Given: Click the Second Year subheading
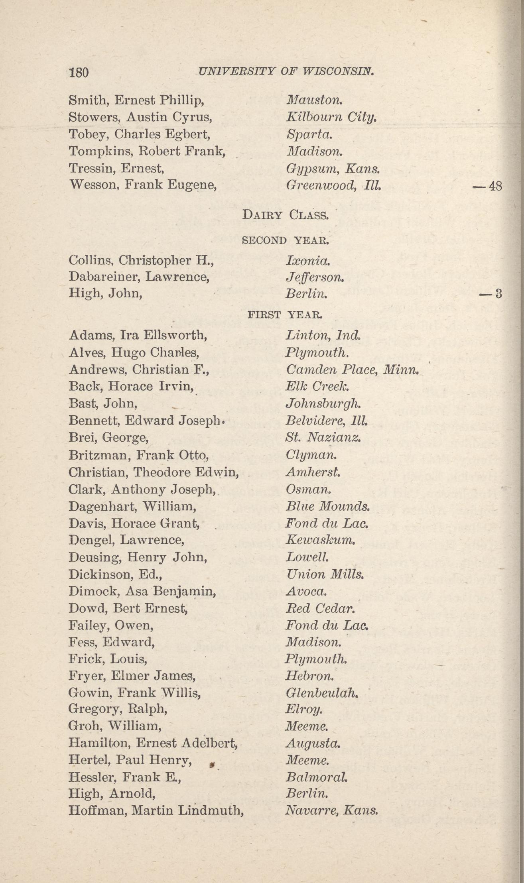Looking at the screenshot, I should [286, 240].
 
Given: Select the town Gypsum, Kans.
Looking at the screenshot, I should [333, 169].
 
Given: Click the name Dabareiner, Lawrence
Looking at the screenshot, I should [139, 277].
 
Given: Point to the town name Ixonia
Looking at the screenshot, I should [308, 261].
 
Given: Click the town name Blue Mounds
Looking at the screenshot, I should [329, 507].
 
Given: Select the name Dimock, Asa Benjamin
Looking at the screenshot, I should [142, 592].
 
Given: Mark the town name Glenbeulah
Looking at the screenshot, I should [321, 694].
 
